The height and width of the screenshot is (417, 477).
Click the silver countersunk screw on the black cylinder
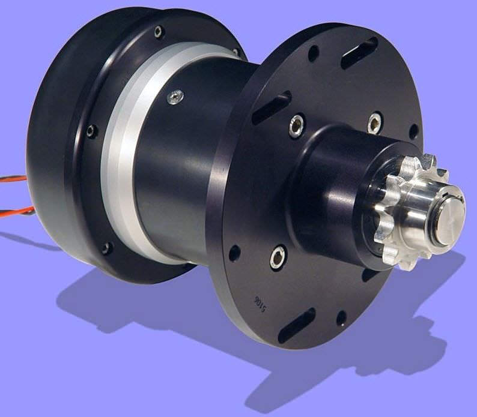coord(175,97)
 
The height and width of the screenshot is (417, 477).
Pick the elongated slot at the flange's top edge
coord(359,53)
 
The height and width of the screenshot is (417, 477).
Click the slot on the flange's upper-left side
coord(272,107)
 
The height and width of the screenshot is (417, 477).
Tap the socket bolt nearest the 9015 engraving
coord(278,257)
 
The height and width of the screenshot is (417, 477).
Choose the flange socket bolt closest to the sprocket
coord(375,123)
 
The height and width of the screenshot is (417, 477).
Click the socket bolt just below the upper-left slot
coord(296,126)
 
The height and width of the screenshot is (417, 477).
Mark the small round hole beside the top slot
coord(314,53)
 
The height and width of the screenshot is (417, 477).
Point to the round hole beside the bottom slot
coord(341,317)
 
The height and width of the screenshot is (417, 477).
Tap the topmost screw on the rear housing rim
coord(159,32)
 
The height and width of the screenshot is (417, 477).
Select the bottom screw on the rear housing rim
coord(106,247)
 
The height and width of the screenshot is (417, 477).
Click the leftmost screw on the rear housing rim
coord(91,131)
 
